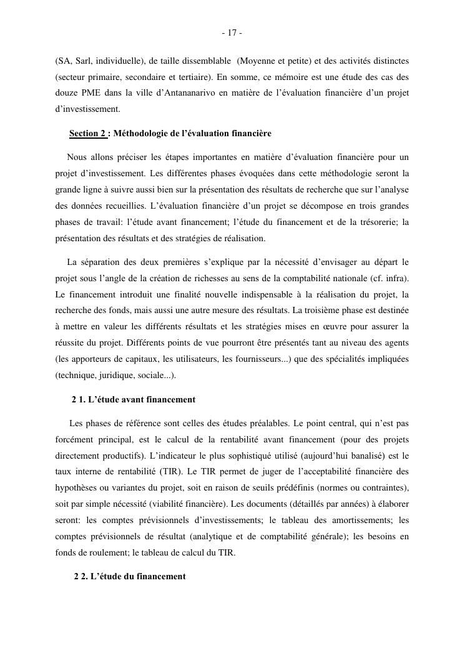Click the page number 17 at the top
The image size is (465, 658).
pos(232,32)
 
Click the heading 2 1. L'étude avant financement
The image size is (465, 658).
pos(134,399)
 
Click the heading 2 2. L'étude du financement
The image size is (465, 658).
pos(130,577)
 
